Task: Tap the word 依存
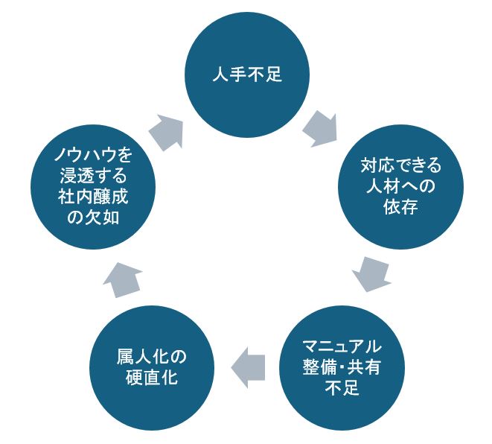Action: point(395,206)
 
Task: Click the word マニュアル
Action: point(342,346)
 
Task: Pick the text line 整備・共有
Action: point(342,367)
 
